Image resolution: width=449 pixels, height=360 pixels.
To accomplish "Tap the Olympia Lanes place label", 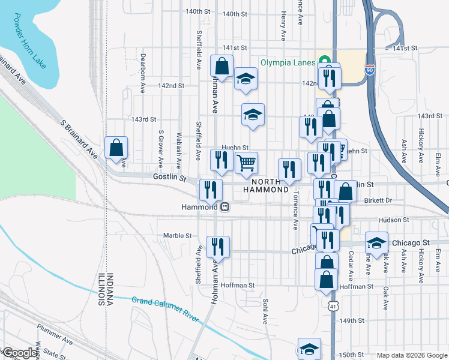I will click(288, 62).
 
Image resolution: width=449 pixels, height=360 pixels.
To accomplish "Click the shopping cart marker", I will click(246, 163).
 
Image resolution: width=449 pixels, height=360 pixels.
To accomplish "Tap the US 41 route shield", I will click(333, 306).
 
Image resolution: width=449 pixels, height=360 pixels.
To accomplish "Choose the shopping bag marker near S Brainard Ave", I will click(116, 148).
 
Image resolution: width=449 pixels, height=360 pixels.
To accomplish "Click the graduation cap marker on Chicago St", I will click(376, 243).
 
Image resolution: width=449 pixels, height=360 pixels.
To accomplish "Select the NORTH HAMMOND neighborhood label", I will click(266, 185).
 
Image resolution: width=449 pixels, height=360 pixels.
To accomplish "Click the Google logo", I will click(19, 353).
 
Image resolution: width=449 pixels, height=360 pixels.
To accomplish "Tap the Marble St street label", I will click(178, 236).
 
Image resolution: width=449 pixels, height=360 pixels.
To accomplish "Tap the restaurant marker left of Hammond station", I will click(211, 190).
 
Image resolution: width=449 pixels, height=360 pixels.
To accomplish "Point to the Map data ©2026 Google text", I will click(412, 355).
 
